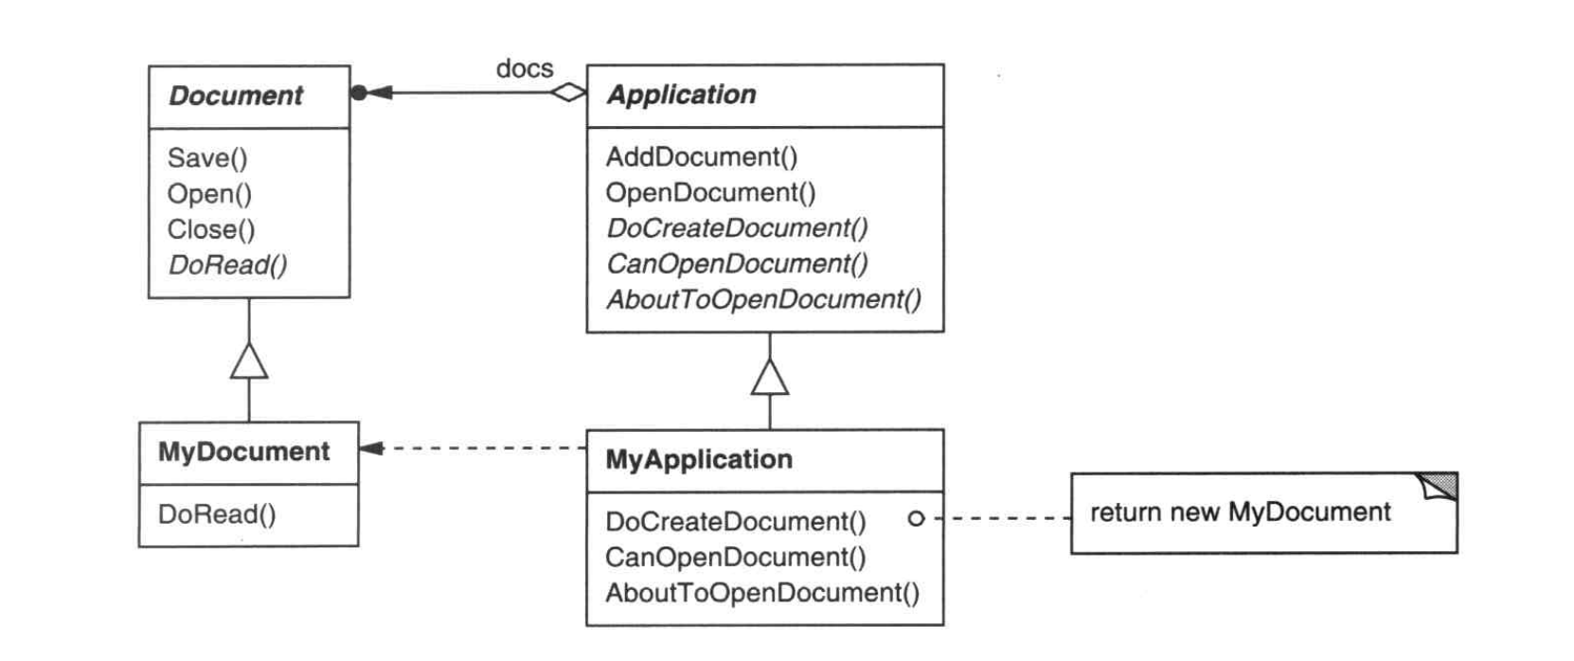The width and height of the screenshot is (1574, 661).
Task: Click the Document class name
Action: (236, 96)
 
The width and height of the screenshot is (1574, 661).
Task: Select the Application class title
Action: (682, 95)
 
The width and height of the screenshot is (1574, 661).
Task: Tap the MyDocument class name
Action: (243, 452)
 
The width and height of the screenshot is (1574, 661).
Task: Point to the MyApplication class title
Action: (699, 459)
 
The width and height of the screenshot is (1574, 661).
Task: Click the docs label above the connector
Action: (525, 68)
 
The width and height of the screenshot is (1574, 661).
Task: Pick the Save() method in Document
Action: (207, 158)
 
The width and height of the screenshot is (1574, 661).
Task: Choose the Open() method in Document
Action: (209, 194)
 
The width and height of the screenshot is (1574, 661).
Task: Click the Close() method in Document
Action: (211, 230)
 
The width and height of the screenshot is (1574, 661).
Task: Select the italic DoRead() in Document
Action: (227, 265)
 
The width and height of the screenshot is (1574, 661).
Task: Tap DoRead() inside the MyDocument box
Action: (217, 514)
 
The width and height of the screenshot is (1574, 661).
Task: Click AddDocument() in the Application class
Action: (701, 156)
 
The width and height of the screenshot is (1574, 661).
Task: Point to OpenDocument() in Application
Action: (710, 192)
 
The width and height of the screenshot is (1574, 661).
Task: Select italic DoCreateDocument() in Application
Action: (737, 228)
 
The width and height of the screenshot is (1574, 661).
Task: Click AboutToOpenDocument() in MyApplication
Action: (762, 593)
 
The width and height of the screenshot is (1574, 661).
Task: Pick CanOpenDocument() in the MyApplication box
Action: (736, 557)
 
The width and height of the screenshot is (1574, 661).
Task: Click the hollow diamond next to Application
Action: (568, 92)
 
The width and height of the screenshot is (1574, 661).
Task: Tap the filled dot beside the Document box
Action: (358, 93)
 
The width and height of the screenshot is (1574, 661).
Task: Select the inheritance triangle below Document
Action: (249, 361)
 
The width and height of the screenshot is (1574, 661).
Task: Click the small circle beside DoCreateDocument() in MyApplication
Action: (916, 518)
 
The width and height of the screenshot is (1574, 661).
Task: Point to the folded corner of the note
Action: (1438, 486)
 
